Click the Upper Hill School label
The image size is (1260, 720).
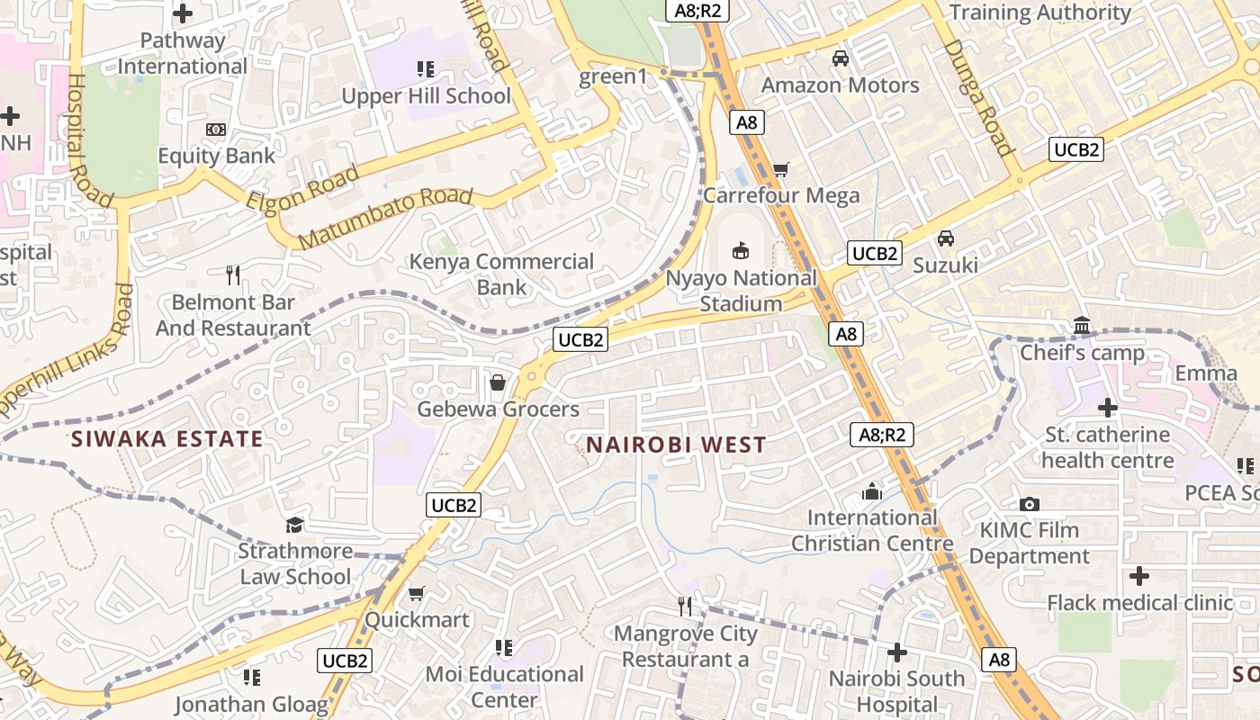coord(427,96)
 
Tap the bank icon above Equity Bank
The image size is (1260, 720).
coord(216,130)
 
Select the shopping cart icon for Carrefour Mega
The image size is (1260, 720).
coord(781,170)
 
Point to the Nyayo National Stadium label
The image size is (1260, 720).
coord(741,291)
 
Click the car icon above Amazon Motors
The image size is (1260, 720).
coord(841,59)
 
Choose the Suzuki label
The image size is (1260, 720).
coord(945,265)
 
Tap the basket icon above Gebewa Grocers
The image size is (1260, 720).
coord(497,383)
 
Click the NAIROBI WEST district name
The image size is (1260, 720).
coord(676,445)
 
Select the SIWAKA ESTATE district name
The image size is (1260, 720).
coord(167,439)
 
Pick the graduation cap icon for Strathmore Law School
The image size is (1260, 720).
coord(294,525)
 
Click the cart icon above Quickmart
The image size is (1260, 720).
coord(416,594)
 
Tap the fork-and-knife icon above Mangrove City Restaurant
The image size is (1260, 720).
coord(686,607)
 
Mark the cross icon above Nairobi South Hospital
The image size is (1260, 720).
coord(896,652)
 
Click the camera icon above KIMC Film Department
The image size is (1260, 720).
coord(1030,505)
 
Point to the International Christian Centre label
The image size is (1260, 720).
coord(872,531)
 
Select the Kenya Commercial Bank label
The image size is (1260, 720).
coord(501,274)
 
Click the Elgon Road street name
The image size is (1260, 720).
coord(302,187)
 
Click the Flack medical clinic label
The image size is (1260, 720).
coord(1139,603)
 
